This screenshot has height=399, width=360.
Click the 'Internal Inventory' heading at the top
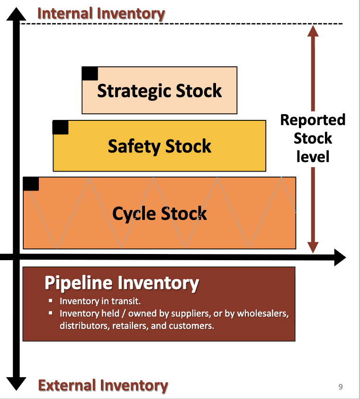tap(101, 13)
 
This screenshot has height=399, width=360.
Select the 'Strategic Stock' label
tap(159, 91)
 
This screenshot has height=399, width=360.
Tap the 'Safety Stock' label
tap(159, 146)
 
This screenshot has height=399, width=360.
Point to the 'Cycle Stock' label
tap(159, 214)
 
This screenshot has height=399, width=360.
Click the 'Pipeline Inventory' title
tap(122, 283)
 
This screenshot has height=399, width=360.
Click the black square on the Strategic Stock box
tap(90, 73)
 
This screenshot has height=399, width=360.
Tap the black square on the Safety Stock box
tap(61, 127)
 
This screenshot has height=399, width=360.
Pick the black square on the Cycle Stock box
tap(31, 184)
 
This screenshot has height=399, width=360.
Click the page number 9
tap(341, 387)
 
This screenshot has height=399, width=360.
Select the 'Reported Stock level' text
tap(313, 138)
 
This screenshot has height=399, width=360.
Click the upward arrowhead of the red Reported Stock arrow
tap(313, 31)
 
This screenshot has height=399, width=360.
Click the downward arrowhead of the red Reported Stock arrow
tap(313, 247)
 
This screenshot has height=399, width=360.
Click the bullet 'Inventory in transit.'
tap(100, 301)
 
